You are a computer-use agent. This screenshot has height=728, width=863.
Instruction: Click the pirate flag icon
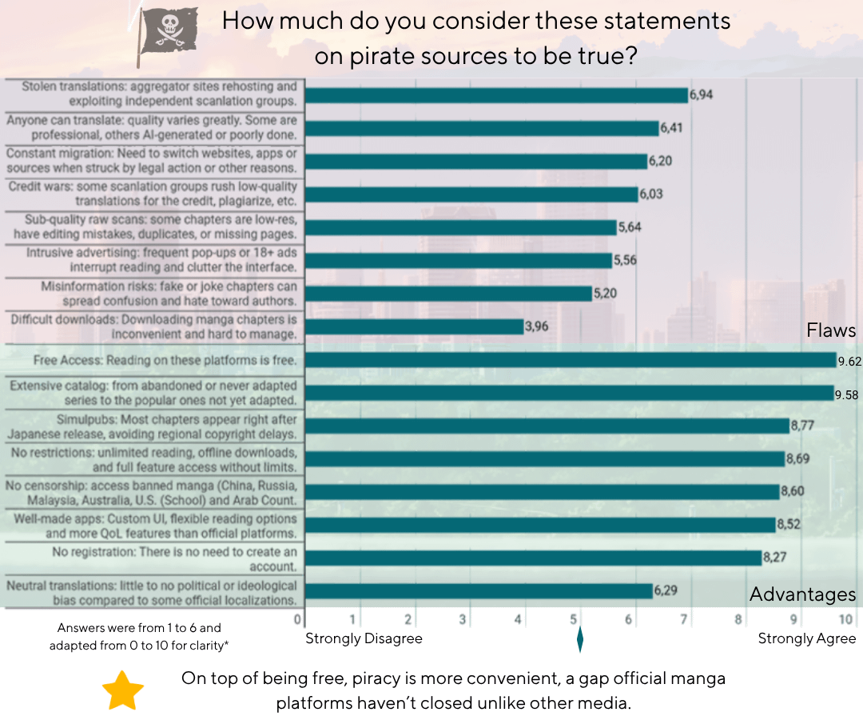click(x=167, y=36)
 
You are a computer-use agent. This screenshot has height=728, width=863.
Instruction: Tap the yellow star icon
click(x=123, y=690)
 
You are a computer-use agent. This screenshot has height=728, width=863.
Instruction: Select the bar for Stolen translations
click(x=495, y=95)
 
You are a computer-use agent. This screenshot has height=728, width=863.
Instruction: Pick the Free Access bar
click(x=571, y=360)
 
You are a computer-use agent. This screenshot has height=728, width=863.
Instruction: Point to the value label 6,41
click(x=672, y=128)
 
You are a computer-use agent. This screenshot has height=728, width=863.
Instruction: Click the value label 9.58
click(x=847, y=394)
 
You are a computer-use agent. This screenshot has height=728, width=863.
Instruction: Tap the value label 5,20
click(x=604, y=294)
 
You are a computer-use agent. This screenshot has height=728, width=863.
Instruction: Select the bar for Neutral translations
click(x=479, y=591)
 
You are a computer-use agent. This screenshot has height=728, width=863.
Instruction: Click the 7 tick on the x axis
click(x=683, y=618)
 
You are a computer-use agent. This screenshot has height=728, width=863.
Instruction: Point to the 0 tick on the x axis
click(x=298, y=618)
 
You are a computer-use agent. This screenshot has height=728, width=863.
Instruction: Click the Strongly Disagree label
click(x=364, y=638)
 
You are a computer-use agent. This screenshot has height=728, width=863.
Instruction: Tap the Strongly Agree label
click(x=806, y=638)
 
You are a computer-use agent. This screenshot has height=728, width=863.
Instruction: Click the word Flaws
click(x=831, y=330)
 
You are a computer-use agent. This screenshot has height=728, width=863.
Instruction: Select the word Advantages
click(x=802, y=594)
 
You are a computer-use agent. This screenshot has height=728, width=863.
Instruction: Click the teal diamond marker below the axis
click(x=579, y=640)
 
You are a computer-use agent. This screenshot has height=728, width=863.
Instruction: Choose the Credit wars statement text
click(x=152, y=194)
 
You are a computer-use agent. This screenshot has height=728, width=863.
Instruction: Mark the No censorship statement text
click(x=152, y=492)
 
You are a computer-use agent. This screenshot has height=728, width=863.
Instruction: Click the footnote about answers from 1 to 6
click(x=139, y=636)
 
